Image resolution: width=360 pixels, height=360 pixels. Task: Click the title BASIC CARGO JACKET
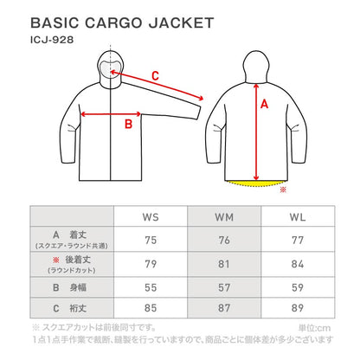pyautogui.click(x=122, y=23)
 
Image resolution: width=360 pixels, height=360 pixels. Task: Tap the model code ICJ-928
pyautogui.click(x=52, y=40)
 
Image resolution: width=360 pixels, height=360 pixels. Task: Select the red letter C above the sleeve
pyautogui.click(x=155, y=76)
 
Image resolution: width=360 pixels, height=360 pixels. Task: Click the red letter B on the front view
pyautogui.click(x=128, y=125)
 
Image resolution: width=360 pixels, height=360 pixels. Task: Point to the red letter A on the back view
pyautogui.click(x=264, y=104)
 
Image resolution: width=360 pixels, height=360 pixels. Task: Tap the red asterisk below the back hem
pyautogui.click(x=283, y=190)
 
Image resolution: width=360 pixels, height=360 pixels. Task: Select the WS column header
pyautogui.click(x=151, y=217)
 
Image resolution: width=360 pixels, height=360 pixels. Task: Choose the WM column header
pyautogui.click(x=224, y=217)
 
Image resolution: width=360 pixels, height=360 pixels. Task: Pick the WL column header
pyautogui.click(x=298, y=217)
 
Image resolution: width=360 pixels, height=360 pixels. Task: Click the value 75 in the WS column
pyautogui.click(x=151, y=240)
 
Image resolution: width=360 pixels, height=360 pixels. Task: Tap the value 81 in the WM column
pyautogui.click(x=224, y=264)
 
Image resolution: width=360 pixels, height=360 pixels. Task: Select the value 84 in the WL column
pyautogui.click(x=298, y=264)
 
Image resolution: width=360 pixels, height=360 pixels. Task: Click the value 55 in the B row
pyautogui.click(x=151, y=287)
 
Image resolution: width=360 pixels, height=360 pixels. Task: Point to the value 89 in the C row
pyautogui.click(x=298, y=308)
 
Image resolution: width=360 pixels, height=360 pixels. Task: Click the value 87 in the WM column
pyautogui.click(x=224, y=308)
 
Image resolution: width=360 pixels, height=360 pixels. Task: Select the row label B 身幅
pyautogui.click(x=69, y=287)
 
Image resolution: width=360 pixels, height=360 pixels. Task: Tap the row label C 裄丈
pyautogui.click(x=69, y=308)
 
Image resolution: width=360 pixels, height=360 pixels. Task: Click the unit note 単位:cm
pyautogui.click(x=314, y=328)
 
